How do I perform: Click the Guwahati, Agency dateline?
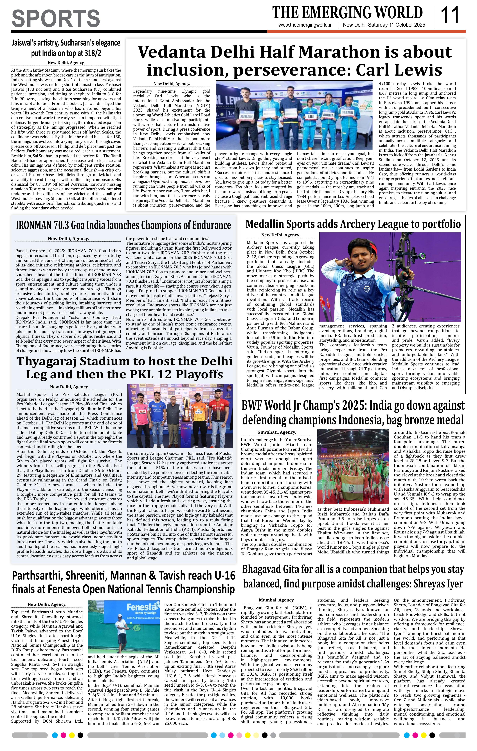(276, 432)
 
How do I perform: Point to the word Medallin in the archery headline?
(264, 224)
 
